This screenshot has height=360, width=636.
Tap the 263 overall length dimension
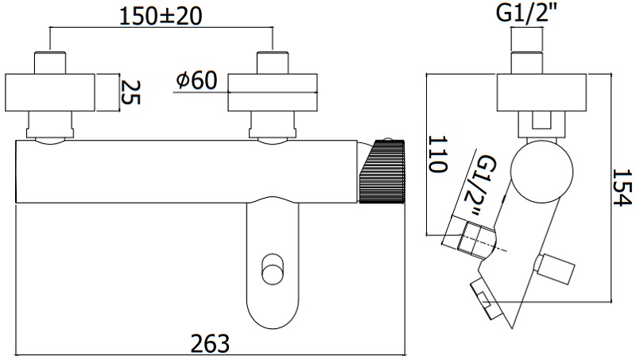[211, 344]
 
